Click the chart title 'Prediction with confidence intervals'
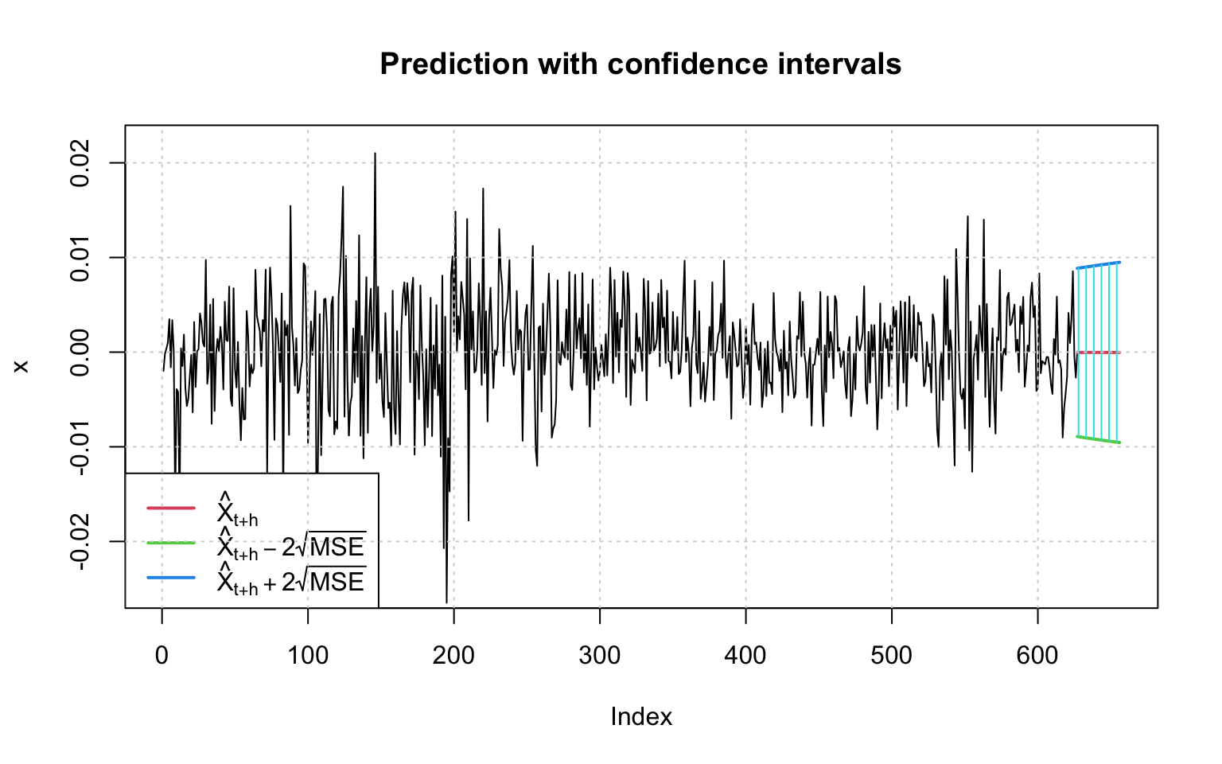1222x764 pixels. click(x=640, y=64)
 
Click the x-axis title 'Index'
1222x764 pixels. click(x=641, y=717)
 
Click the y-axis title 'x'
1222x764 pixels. click(x=21, y=366)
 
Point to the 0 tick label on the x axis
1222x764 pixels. click(x=162, y=656)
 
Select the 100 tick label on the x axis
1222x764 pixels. click(x=308, y=656)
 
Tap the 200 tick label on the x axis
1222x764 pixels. click(x=453, y=656)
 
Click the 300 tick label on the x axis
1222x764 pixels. click(x=600, y=656)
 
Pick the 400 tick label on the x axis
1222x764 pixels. click(x=745, y=656)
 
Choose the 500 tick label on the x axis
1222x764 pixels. click(x=891, y=656)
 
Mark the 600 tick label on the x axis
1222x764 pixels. click(x=1037, y=656)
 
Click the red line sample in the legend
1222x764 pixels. click(x=171, y=507)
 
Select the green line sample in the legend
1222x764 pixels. click(x=171, y=543)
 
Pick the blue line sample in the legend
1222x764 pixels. click(x=171, y=578)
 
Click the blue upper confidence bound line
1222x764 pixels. click(x=1099, y=265)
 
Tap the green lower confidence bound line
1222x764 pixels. click(x=1099, y=439)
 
